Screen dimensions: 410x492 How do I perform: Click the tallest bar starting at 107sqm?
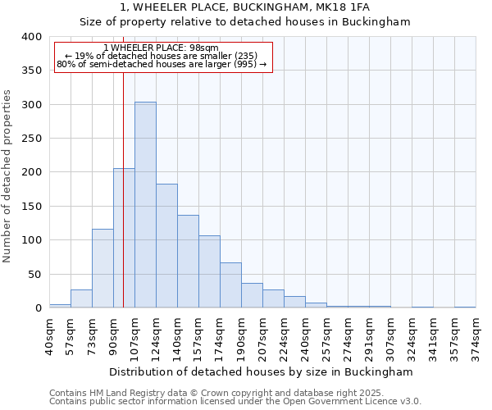[x=145, y=205]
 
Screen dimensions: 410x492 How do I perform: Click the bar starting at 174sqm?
[x=230, y=285]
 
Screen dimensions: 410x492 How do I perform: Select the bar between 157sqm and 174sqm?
[x=209, y=271]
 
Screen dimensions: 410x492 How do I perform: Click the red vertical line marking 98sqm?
[x=123, y=164]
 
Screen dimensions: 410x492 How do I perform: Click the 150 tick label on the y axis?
[x=30, y=207]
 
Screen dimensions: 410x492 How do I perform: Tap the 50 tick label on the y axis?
[x=34, y=275]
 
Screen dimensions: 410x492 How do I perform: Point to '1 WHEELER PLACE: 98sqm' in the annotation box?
[x=162, y=48]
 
